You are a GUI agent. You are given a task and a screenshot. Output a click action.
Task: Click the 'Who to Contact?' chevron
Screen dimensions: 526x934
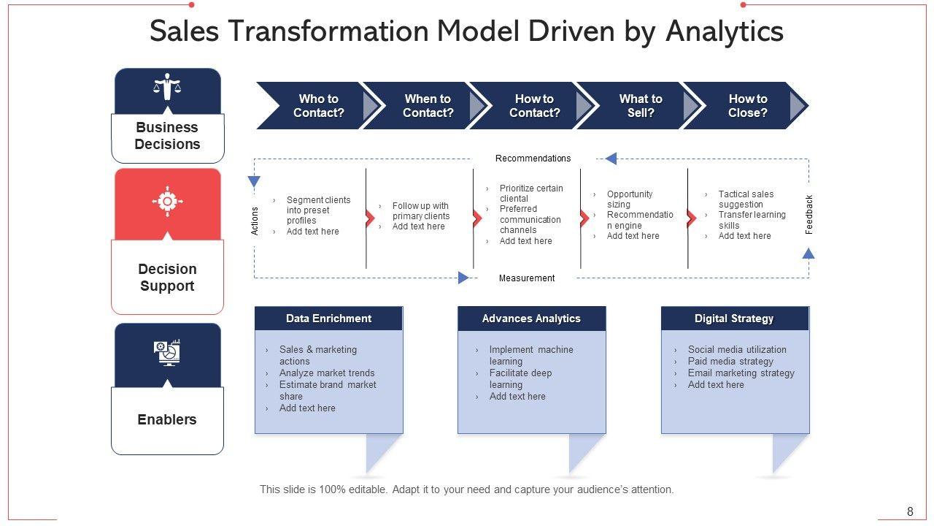pyautogui.click(x=318, y=106)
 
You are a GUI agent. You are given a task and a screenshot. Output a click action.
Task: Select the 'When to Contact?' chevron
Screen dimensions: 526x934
pyautogui.click(x=428, y=106)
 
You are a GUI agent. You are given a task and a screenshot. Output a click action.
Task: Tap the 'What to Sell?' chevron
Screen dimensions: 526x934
pyautogui.click(x=640, y=106)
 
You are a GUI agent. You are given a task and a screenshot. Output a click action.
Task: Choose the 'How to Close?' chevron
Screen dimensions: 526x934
pyautogui.click(x=747, y=106)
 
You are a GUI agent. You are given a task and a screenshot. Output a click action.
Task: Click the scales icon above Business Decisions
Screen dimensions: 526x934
pyautogui.click(x=167, y=87)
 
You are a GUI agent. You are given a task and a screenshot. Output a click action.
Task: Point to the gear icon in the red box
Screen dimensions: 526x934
pyautogui.click(x=167, y=201)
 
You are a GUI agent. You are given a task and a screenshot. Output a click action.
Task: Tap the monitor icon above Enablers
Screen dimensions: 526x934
pyautogui.click(x=167, y=352)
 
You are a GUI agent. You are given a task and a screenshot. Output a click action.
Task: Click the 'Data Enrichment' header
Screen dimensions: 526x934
pyautogui.click(x=328, y=319)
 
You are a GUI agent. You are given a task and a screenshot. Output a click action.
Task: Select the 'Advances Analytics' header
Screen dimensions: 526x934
pyautogui.click(x=531, y=319)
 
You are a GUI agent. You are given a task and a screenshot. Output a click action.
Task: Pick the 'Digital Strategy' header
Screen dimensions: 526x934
pyautogui.click(x=734, y=319)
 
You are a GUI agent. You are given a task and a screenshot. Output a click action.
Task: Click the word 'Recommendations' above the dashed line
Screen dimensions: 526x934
pyautogui.click(x=533, y=159)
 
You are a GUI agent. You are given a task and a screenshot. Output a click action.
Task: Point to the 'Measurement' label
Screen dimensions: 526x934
pyautogui.click(x=527, y=278)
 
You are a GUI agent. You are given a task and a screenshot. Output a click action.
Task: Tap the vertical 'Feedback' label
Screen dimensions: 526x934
pyautogui.click(x=808, y=214)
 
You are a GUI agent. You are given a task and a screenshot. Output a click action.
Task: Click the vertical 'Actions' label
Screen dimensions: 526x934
pyautogui.click(x=255, y=221)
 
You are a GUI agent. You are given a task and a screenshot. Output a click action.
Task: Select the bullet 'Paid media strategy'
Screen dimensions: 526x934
pyautogui.click(x=730, y=362)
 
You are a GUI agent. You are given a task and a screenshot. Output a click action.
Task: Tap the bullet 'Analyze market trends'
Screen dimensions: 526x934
pyautogui.click(x=327, y=373)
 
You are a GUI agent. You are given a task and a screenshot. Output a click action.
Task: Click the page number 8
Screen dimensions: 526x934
pyautogui.click(x=910, y=511)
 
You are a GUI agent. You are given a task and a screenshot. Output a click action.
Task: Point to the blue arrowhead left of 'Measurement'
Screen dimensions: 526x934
pyautogui.click(x=463, y=278)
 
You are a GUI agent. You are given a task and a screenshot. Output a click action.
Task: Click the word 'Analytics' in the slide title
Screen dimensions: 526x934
pyautogui.click(x=725, y=31)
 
